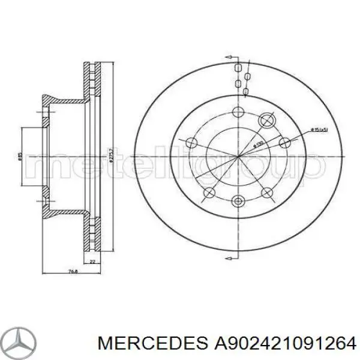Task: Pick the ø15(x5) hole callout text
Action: (x=319, y=130)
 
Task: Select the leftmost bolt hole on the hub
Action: (x=192, y=142)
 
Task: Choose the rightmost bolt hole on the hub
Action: (x=285, y=142)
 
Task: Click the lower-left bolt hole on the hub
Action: (x=210, y=192)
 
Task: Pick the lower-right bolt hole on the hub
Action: (x=268, y=192)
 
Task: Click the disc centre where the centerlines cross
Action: (x=239, y=157)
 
